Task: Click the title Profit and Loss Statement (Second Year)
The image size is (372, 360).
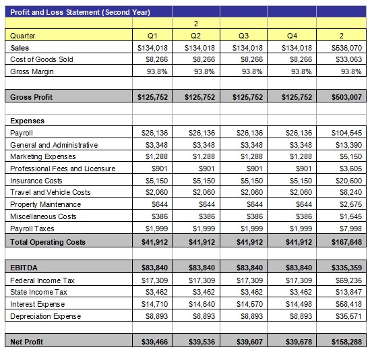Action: [x=80, y=12]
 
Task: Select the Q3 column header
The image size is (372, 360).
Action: [x=243, y=36]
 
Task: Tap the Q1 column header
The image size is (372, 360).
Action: [x=152, y=36]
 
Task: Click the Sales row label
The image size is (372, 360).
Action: [x=20, y=48]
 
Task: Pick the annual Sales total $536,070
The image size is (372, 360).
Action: [x=346, y=48]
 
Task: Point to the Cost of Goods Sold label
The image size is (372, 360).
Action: [x=42, y=59]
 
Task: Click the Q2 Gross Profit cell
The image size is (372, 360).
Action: [x=199, y=97]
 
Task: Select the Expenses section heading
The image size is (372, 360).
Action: [x=27, y=121]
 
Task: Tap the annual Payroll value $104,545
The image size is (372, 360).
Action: [x=346, y=133]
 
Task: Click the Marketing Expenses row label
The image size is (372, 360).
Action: [x=43, y=156]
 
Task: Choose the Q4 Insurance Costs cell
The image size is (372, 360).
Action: [x=301, y=181]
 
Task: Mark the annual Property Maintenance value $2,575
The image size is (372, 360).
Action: [x=350, y=204]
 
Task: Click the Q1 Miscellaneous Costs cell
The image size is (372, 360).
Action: [x=160, y=216]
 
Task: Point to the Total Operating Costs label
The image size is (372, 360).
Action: [x=48, y=242]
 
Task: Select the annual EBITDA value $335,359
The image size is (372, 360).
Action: [x=346, y=268]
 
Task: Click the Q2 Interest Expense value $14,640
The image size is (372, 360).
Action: [x=202, y=304]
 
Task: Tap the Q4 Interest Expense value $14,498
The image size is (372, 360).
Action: [x=299, y=304]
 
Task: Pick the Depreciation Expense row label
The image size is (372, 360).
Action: [x=46, y=316]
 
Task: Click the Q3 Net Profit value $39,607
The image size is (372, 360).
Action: [x=249, y=342]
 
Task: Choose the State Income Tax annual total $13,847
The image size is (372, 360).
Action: [x=349, y=292]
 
